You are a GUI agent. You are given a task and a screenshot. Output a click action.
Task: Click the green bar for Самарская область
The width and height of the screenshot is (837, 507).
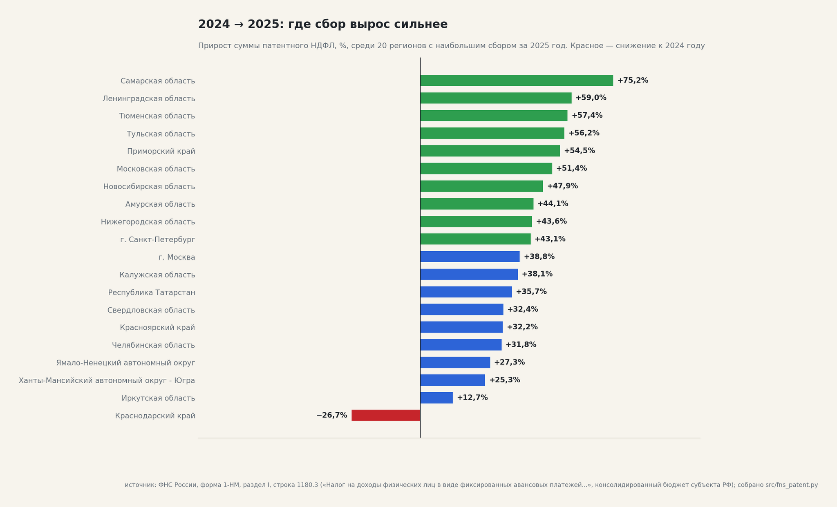517,80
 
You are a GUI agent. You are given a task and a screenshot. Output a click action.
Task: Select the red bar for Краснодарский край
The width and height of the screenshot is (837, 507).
386,415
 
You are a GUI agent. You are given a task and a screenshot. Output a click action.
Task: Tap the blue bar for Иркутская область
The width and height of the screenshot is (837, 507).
436,398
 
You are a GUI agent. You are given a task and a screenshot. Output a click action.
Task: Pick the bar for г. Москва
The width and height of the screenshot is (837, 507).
470,257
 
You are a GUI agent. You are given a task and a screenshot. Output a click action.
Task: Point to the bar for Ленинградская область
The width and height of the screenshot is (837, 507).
496,98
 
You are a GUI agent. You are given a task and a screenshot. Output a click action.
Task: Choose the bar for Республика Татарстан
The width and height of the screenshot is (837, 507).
466,292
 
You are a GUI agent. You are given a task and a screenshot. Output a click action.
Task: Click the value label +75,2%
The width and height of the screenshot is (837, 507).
633,80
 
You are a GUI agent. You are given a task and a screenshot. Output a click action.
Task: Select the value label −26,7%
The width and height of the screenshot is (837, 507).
332,415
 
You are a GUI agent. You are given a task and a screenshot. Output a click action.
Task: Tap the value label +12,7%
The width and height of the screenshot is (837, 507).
472,398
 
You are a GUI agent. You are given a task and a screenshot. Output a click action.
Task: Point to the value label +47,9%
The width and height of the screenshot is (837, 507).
562,186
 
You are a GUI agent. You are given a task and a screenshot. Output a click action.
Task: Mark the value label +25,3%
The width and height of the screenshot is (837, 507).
505,380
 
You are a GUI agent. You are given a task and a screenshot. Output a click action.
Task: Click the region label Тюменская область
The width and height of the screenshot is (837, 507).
157,116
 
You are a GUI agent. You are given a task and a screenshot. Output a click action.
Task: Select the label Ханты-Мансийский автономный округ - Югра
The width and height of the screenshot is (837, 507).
107,381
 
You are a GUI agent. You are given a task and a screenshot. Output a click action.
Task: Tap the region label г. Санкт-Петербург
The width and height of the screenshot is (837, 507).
158,240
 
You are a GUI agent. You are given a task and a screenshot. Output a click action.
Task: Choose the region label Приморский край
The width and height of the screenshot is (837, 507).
161,152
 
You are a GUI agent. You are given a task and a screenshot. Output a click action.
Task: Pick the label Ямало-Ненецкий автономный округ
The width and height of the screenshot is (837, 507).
125,363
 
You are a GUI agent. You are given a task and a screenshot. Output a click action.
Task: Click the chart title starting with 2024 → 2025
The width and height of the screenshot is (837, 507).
323,25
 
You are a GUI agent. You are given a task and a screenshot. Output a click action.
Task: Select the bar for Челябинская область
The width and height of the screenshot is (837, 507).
461,345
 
